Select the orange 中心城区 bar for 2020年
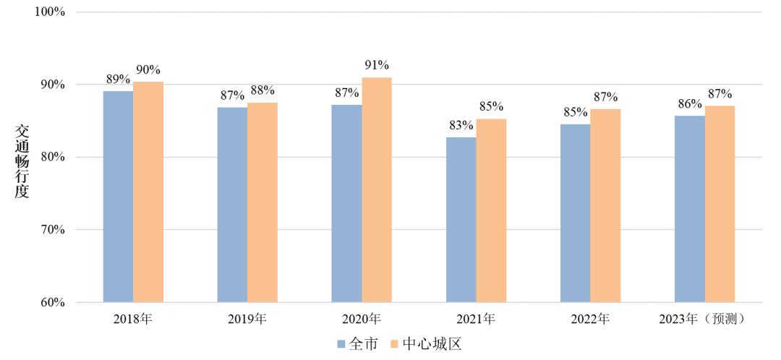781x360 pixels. [x=377, y=189]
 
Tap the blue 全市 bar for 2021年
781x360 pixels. [x=461, y=220]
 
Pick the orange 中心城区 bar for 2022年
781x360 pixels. [x=605, y=205]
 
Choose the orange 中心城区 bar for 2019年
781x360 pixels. [x=263, y=202]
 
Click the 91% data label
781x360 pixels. [x=377, y=65]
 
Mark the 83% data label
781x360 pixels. [x=461, y=125]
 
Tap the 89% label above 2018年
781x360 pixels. [x=118, y=79]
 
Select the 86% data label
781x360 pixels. [x=689, y=103]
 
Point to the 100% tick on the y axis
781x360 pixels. [x=50, y=12]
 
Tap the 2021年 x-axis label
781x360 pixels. [x=476, y=319]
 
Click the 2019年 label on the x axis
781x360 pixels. [x=247, y=319]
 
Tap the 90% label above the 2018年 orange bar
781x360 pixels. [x=148, y=69]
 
